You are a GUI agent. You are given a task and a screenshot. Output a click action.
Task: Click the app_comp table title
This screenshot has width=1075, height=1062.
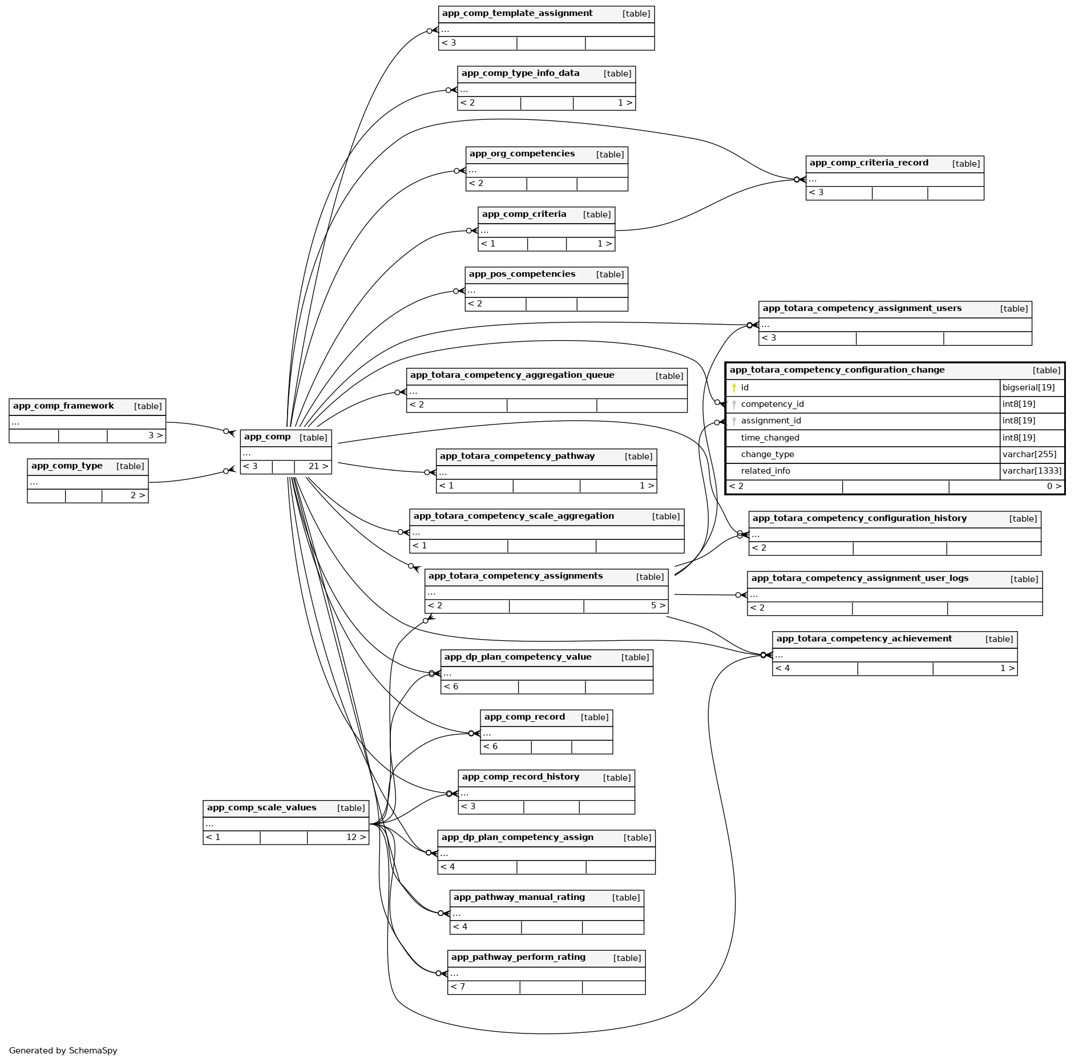point(267,437)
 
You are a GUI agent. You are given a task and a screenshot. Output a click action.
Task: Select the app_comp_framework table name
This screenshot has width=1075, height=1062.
point(63,406)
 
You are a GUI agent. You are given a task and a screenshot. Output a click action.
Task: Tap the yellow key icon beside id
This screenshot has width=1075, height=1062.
point(734,388)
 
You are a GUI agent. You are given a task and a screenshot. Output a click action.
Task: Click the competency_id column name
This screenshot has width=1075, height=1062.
point(772,405)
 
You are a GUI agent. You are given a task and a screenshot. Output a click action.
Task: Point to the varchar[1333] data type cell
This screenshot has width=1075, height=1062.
point(1032,471)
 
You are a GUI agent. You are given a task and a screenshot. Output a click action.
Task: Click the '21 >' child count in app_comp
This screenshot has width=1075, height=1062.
point(318,467)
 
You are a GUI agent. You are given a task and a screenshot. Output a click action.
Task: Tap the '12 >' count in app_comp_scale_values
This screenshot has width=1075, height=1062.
point(355,838)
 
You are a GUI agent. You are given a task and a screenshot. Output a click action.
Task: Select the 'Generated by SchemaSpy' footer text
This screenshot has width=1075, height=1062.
point(63,1051)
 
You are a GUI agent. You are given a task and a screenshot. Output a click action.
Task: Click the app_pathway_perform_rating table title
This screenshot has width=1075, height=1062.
point(518,958)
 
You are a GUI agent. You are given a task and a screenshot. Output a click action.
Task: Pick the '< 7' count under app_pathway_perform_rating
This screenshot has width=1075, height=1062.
point(458,987)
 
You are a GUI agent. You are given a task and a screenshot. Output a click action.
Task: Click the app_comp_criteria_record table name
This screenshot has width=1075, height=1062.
point(868,163)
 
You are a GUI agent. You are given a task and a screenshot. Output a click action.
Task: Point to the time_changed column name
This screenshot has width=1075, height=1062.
point(770,438)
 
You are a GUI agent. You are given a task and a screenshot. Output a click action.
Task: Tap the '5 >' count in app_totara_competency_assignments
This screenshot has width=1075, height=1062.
point(658,606)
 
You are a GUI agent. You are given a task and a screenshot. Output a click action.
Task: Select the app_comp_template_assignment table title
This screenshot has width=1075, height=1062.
point(517,14)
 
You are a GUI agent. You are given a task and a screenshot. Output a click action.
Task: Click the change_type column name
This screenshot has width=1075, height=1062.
point(767,455)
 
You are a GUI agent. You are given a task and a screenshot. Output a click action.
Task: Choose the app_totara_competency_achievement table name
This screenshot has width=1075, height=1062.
point(864,639)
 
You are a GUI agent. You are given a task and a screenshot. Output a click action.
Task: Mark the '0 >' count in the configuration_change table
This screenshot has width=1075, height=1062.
point(1054,487)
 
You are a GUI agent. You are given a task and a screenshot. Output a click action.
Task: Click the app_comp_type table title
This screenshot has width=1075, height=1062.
point(67,466)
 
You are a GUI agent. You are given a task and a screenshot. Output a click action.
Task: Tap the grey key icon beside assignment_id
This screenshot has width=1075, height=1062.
point(734,422)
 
